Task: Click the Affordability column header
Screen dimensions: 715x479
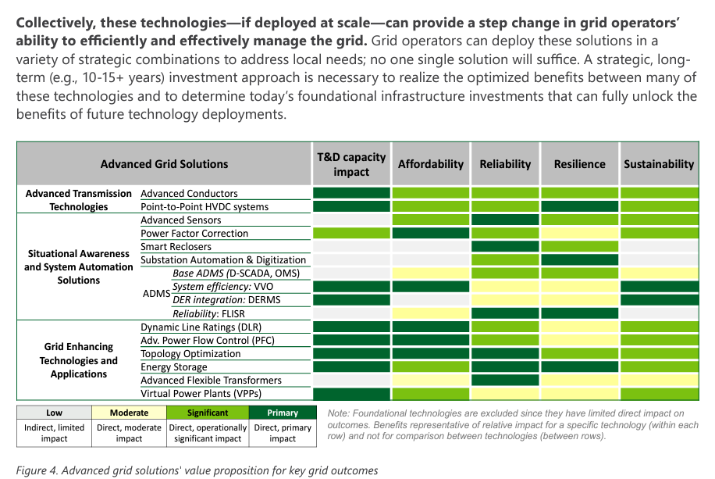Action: (430, 164)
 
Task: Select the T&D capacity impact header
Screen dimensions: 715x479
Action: (351, 164)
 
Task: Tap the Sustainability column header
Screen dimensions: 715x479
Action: (659, 164)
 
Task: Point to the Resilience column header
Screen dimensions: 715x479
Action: (579, 164)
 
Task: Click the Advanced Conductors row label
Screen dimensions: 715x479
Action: (189, 194)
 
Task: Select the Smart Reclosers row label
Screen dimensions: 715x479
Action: (176, 247)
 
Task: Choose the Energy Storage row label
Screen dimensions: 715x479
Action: (174, 367)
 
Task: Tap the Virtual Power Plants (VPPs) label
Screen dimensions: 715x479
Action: (201, 394)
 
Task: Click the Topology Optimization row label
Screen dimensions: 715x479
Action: (190, 354)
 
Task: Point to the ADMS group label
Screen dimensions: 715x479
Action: (156, 293)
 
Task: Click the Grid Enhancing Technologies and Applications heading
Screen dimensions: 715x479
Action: (78, 360)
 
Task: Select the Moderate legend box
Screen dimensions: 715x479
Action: (129, 413)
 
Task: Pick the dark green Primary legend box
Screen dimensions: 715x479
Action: (283, 413)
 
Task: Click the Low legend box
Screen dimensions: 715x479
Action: (55, 413)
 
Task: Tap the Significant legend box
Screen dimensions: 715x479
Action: (208, 413)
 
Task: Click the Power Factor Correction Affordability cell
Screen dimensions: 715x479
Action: (430, 234)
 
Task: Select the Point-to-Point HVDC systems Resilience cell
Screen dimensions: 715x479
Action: (579, 206)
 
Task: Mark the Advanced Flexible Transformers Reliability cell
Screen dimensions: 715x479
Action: (505, 380)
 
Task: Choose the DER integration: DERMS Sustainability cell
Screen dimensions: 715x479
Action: (660, 300)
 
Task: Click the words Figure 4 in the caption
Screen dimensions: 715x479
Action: (37, 470)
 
